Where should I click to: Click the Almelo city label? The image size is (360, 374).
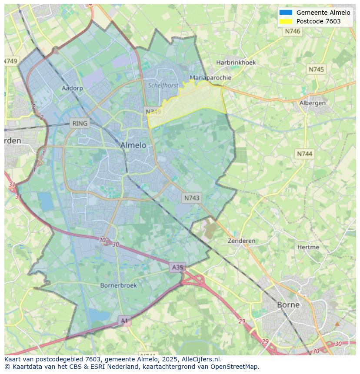[133, 145]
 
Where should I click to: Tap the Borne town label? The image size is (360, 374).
[288, 304]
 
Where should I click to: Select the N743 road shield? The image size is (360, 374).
[192, 198]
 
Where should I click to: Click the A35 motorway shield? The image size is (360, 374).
[177, 267]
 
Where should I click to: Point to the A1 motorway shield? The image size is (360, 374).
[124, 321]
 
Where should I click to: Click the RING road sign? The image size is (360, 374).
[80, 123]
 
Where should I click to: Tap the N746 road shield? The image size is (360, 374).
[293, 31]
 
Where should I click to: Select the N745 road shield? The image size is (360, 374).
[316, 70]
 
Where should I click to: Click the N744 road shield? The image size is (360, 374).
[304, 154]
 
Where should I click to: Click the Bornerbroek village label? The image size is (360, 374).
[118, 285]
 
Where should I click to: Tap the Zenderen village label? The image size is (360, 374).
[242, 241]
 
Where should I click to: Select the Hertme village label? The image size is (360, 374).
[308, 247]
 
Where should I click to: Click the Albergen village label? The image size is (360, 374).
[312, 103]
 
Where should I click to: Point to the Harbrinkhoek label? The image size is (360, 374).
[236, 63]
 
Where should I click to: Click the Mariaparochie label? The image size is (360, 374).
[210, 78]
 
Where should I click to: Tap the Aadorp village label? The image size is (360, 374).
[72, 88]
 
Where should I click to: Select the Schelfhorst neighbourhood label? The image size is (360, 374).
[163, 86]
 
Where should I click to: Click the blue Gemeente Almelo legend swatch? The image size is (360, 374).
[286, 13]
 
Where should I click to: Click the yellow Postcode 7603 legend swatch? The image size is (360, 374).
[286, 21]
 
